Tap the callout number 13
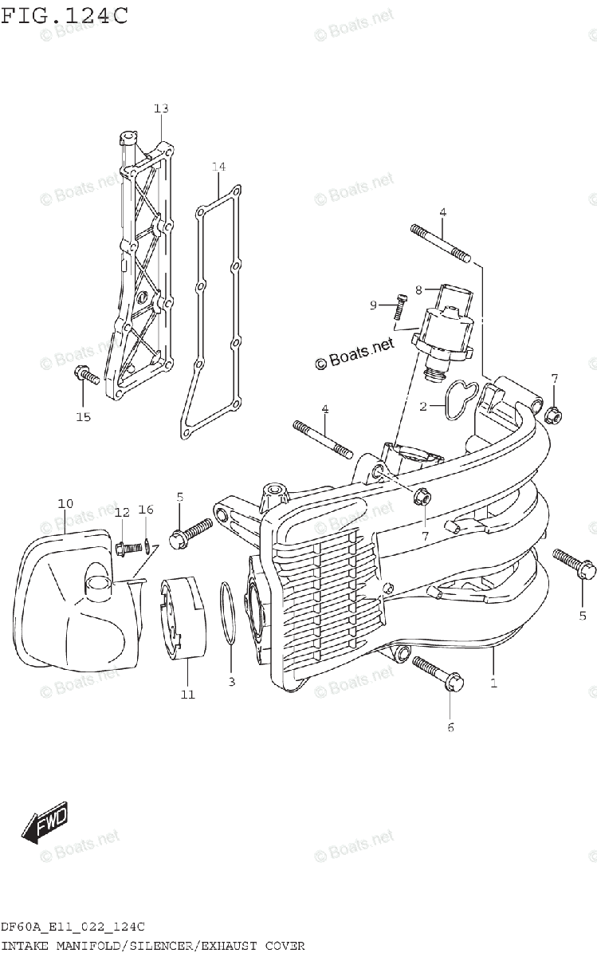162,108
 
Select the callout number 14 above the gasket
218,167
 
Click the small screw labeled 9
399,306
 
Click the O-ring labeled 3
228,612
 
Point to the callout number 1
493,683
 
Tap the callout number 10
65,503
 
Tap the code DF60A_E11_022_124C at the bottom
73,927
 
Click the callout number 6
450,727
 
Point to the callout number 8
418,290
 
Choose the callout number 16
145,510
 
